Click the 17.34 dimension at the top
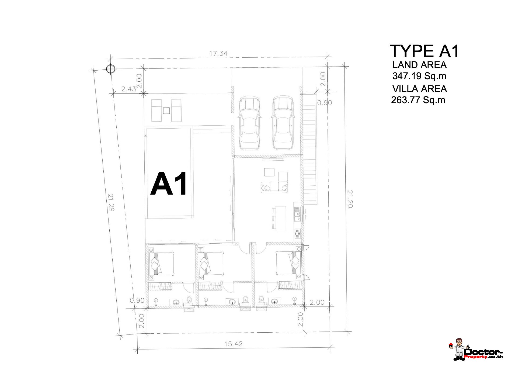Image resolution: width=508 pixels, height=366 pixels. click(x=218, y=53)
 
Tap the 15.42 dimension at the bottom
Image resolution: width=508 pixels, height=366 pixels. click(x=234, y=344)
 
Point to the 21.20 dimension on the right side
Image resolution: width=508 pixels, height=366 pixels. click(x=350, y=199)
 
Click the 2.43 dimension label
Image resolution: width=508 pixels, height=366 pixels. click(x=129, y=89)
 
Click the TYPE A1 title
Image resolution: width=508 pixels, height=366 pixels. click(x=424, y=51)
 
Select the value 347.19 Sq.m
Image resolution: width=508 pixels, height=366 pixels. click(x=419, y=76)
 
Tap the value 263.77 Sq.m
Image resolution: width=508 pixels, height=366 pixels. click(x=418, y=100)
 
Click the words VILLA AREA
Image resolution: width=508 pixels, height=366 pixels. click(x=420, y=89)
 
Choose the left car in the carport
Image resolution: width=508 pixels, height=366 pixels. click(x=250, y=123)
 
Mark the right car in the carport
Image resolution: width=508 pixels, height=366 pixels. click(x=283, y=123)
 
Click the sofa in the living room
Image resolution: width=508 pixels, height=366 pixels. click(x=274, y=187)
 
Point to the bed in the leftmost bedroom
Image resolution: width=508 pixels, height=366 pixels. click(x=161, y=264)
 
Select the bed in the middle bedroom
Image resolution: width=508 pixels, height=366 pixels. click(x=211, y=264)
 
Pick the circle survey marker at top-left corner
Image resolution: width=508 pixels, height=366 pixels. click(x=110, y=69)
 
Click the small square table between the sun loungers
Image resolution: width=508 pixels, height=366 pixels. click(x=166, y=110)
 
